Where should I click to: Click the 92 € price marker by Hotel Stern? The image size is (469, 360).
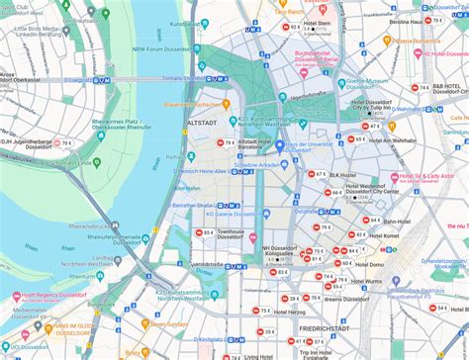[x=294, y=28]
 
